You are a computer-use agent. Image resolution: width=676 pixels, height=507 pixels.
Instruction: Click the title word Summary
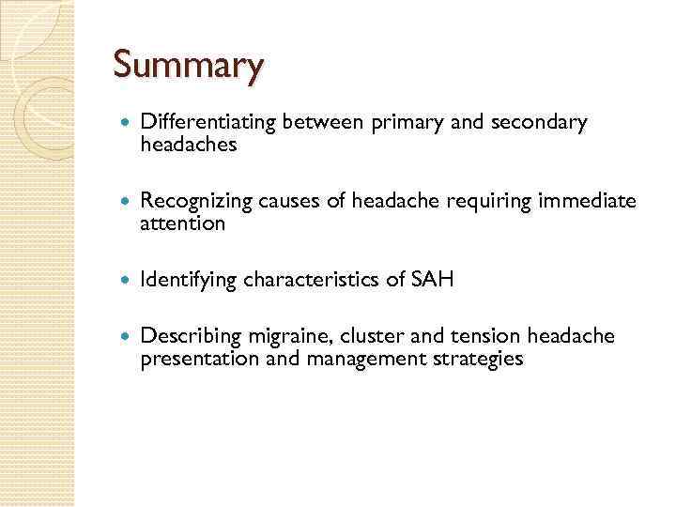click(189, 66)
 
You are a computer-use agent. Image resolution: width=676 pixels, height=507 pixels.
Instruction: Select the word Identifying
click(189, 279)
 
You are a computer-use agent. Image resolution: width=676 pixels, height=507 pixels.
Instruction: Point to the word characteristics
click(320, 279)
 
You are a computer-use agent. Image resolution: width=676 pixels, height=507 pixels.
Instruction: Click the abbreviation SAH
click(433, 279)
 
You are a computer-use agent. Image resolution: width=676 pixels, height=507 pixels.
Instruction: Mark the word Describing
click(192, 335)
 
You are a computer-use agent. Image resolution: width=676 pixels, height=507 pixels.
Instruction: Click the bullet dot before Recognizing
click(127, 200)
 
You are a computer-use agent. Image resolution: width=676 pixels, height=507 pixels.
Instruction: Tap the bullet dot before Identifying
click(127, 279)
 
